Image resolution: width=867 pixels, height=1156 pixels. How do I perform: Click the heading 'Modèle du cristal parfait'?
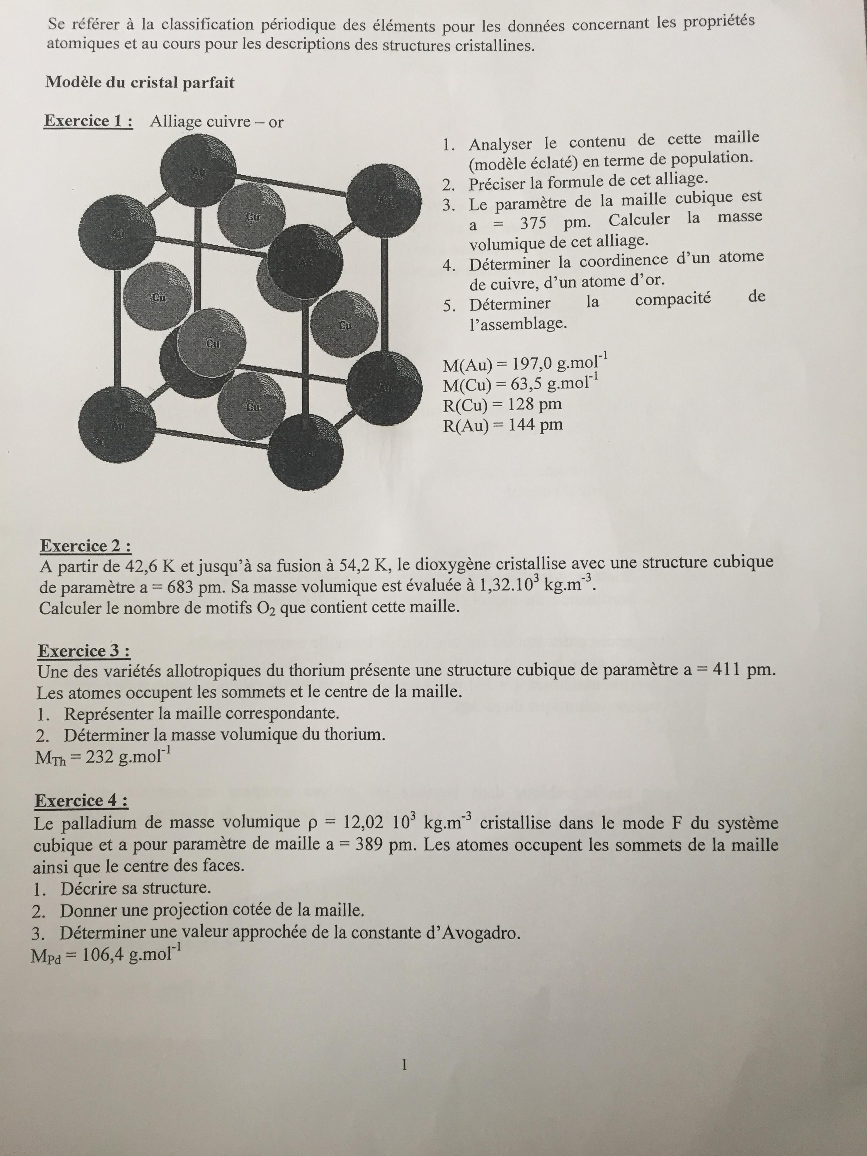pyautogui.click(x=140, y=83)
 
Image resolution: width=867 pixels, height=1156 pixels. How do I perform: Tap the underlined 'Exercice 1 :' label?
pyautogui.click(x=88, y=121)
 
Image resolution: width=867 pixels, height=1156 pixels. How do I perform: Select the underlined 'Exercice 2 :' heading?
pyautogui.click(x=85, y=546)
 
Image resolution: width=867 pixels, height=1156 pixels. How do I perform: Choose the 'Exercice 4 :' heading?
pyautogui.click(x=81, y=801)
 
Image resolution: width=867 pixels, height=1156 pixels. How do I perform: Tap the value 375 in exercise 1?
pyautogui.click(x=533, y=223)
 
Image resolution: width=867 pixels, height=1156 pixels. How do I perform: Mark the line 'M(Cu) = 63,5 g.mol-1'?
pyautogui.click(x=520, y=384)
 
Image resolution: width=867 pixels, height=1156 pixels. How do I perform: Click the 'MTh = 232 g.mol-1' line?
pyautogui.click(x=102, y=757)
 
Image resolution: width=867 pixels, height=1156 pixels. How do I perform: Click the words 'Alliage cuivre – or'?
pyautogui.click(x=216, y=122)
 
